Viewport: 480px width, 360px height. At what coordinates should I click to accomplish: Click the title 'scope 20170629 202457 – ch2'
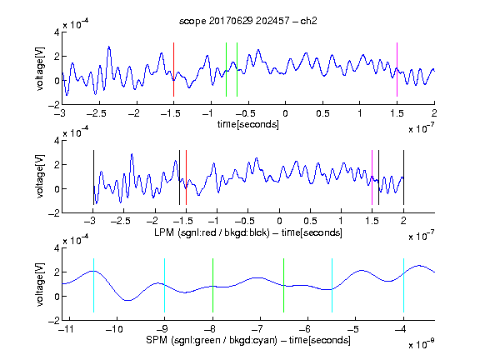click(248, 21)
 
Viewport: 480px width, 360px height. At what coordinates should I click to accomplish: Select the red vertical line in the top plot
click(173, 69)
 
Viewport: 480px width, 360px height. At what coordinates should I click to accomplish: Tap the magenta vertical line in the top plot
click(397, 69)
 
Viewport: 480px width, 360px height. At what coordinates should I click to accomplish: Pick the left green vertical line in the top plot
click(226, 69)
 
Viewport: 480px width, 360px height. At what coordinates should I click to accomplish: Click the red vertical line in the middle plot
click(186, 177)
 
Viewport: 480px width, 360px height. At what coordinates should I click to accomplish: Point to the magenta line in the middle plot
click(372, 177)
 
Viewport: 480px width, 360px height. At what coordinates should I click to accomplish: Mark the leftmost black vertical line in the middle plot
click(93, 177)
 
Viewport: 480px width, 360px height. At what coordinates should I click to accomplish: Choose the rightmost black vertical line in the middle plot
click(403, 177)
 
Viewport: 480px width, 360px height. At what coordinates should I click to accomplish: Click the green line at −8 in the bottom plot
click(212, 285)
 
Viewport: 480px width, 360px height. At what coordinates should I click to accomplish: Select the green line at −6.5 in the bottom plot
click(284, 285)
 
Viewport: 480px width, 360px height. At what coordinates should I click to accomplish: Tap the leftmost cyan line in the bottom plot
click(93, 285)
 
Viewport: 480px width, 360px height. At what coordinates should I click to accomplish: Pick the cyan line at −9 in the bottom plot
click(165, 285)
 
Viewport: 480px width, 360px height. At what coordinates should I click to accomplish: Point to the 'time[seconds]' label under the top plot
click(248, 124)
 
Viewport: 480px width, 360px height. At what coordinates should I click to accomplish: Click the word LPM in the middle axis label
click(164, 232)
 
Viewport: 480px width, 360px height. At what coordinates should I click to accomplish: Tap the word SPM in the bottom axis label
click(156, 340)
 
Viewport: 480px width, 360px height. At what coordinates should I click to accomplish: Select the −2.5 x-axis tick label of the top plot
click(96, 113)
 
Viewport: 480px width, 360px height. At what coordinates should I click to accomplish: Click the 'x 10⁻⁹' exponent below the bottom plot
click(421, 344)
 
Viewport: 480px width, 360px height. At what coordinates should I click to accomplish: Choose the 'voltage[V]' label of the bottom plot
click(40, 284)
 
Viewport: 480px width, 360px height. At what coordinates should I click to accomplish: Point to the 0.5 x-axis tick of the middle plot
click(310, 221)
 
